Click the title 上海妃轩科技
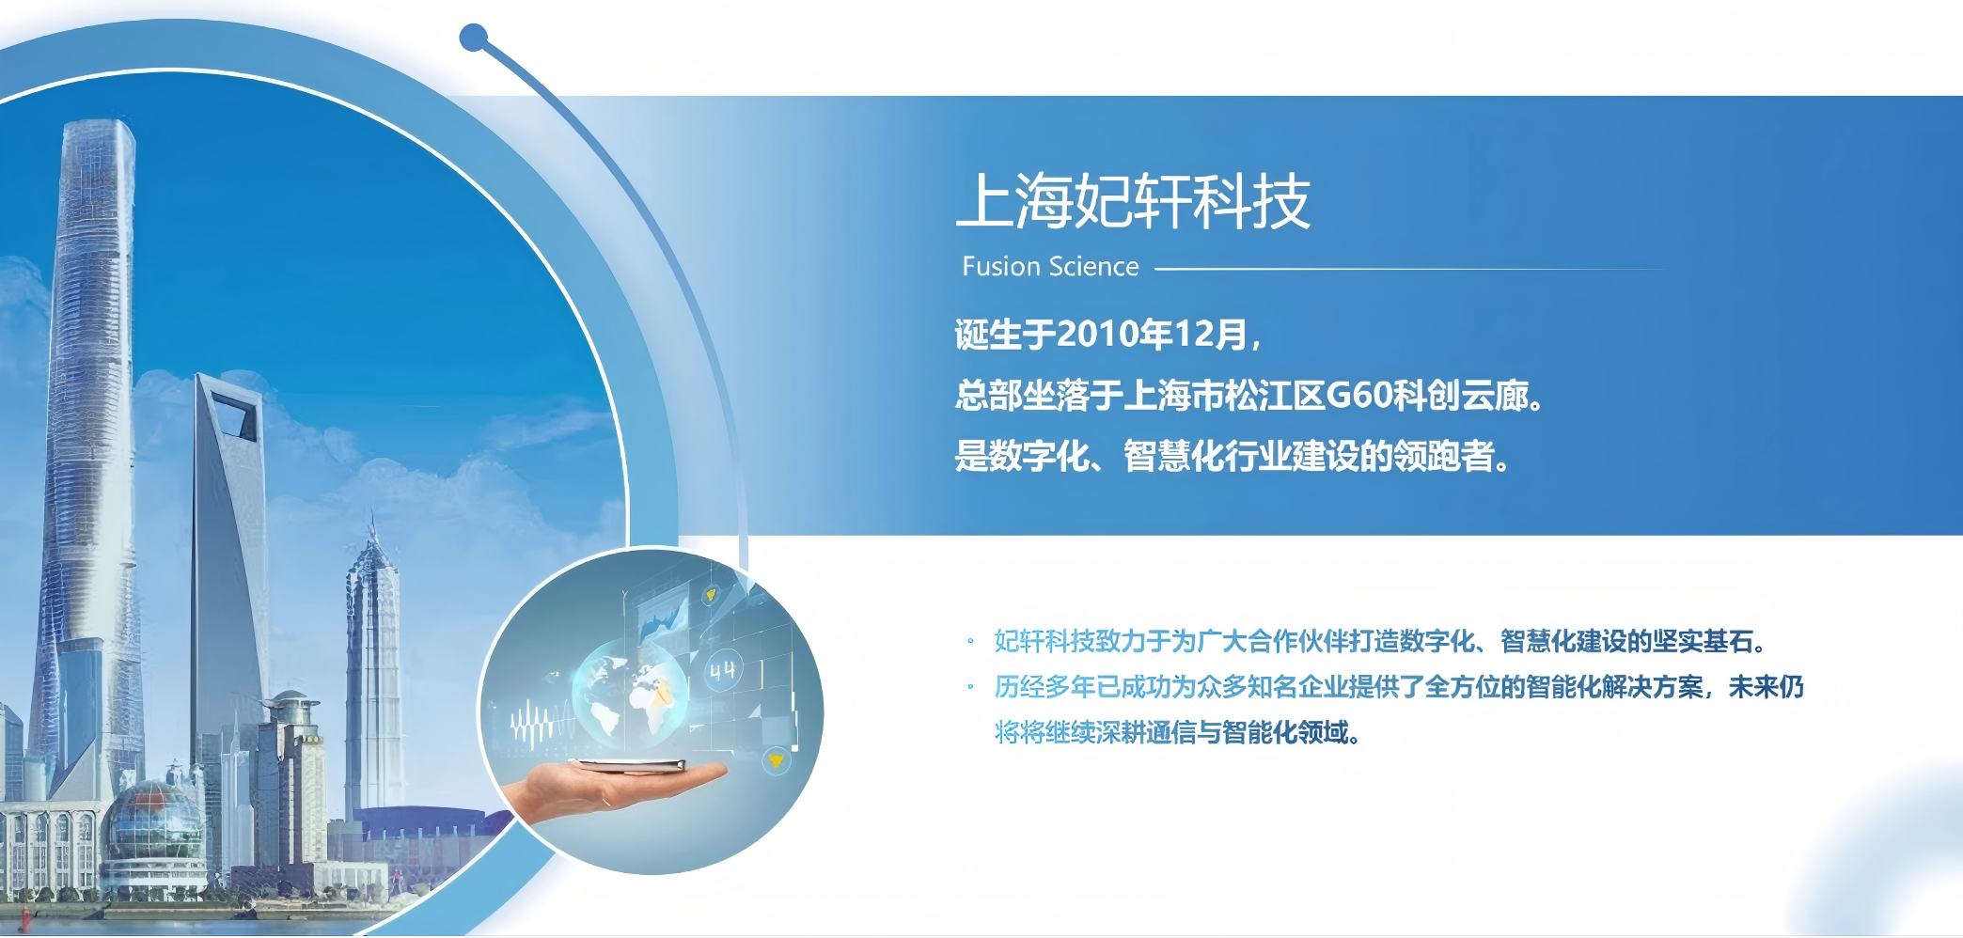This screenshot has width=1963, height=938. pyautogui.click(x=1133, y=200)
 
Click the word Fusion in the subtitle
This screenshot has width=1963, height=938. pyautogui.click(x=1000, y=267)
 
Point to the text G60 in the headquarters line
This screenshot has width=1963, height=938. pyautogui.click(x=1358, y=396)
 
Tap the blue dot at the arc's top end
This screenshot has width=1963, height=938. pyautogui.click(x=473, y=38)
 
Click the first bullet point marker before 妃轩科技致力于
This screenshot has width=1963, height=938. pyautogui.click(x=970, y=642)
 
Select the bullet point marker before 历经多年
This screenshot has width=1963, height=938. pyautogui.click(x=970, y=687)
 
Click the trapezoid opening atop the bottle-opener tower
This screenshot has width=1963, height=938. pyautogui.click(x=235, y=414)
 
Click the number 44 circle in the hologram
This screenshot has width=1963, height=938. pyautogui.click(x=722, y=669)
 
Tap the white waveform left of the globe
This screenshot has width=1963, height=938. pyautogui.click(x=541, y=724)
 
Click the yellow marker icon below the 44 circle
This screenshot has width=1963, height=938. pyautogui.click(x=776, y=759)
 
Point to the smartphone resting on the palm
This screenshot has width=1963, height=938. pyautogui.click(x=626, y=764)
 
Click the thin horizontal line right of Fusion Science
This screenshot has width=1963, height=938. pyautogui.click(x=1408, y=269)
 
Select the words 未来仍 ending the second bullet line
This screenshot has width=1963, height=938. pyautogui.click(x=1767, y=687)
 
